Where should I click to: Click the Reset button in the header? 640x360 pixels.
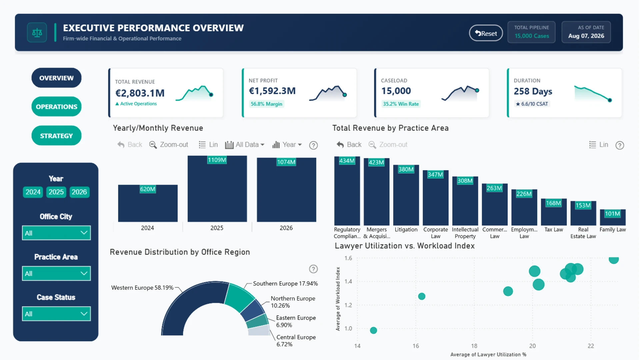(x=486, y=33)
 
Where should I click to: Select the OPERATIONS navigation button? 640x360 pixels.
(x=56, y=107)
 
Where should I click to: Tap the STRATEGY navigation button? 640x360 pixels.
(x=56, y=136)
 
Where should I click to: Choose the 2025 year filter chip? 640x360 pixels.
(x=56, y=192)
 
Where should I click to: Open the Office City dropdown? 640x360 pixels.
(x=56, y=233)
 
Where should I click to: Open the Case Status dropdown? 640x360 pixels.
(x=56, y=314)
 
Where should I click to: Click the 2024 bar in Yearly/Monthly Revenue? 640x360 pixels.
(x=148, y=203)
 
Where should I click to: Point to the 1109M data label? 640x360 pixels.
(x=217, y=160)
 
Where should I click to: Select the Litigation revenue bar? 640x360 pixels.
(x=406, y=195)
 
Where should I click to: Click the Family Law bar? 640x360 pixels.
(x=613, y=217)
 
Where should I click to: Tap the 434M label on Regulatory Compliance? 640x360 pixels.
(x=347, y=161)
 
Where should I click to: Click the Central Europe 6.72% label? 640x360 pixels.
(x=296, y=341)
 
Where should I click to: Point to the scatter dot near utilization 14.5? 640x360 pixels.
(x=374, y=330)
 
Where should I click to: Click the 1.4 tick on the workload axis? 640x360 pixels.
(x=348, y=282)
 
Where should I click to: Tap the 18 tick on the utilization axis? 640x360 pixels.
(x=474, y=346)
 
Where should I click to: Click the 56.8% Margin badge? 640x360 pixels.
(x=267, y=104)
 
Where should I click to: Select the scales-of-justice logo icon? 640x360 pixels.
(x=37, y=33)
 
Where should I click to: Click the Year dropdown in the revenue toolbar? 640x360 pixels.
(x=287, y=145)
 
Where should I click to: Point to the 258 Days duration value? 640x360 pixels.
(x=533, y=91)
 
